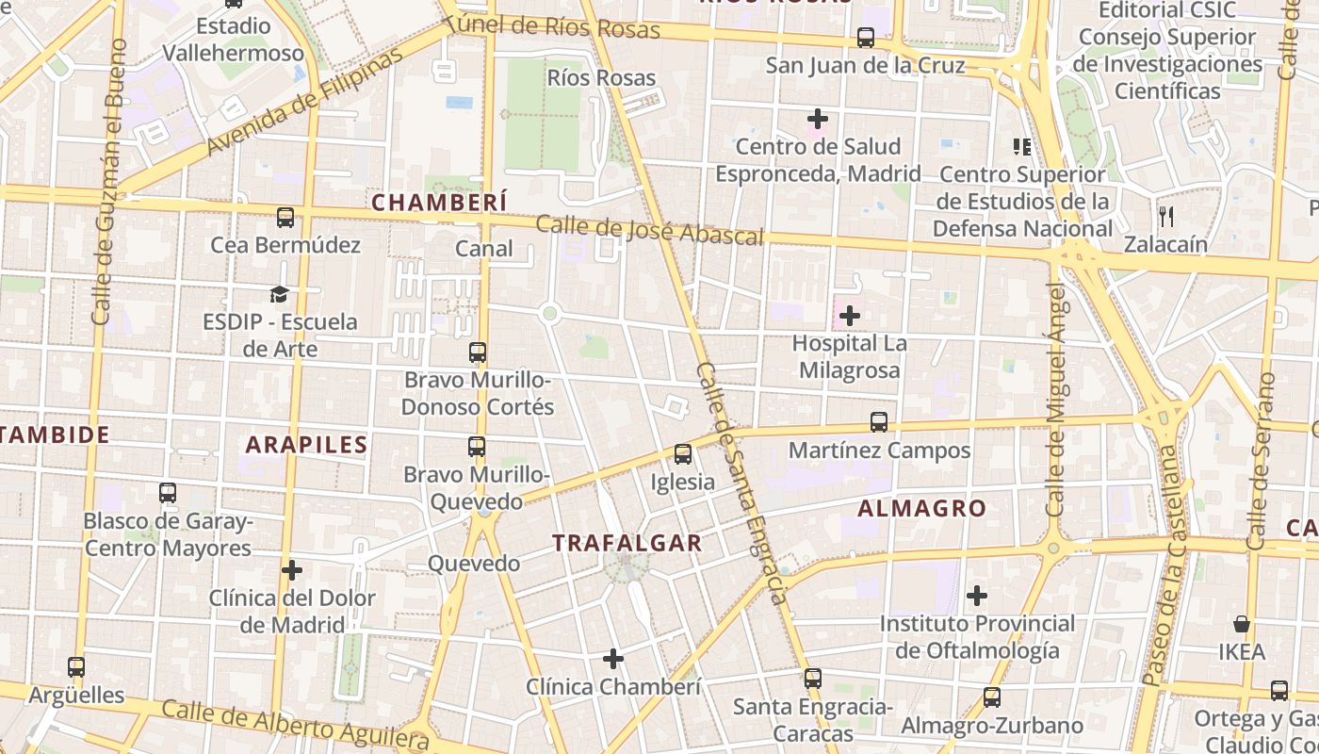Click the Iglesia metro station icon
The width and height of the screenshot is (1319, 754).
[x=683, y=454]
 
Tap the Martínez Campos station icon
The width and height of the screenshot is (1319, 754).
[x=879, y=422]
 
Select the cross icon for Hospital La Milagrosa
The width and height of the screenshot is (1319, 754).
[x=850, y=315]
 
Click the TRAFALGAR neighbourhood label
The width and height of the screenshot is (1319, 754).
[x=627, y=543]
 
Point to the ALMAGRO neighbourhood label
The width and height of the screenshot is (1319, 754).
[x=922, y=508]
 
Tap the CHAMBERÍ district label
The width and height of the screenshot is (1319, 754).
[x=439, y=202]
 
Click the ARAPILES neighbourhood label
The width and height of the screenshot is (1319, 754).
[x=306, y=445]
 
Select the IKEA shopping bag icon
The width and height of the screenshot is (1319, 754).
[x=1242, y=624]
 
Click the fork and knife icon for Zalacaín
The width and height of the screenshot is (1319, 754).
[x=1166, y=216]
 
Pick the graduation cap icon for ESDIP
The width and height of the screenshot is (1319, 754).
[x=279, y=294]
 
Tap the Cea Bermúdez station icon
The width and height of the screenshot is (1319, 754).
[x=285, y=218]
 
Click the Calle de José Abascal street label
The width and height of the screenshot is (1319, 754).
[x=649, y=231]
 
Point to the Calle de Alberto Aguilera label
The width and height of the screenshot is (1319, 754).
[x=296, y=726]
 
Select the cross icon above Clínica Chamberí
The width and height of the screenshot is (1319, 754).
[x=613, y=658]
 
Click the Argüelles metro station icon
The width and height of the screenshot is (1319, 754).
[x=76, y=667]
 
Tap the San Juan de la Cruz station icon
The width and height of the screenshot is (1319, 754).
[x=865, y=38]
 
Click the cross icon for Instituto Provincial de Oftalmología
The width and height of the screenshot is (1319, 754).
[x=977, y=596]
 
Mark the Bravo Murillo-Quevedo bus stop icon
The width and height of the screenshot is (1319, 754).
[x=478, y=447]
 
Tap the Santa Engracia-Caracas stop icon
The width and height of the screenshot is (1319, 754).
[x=812, y=678]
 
